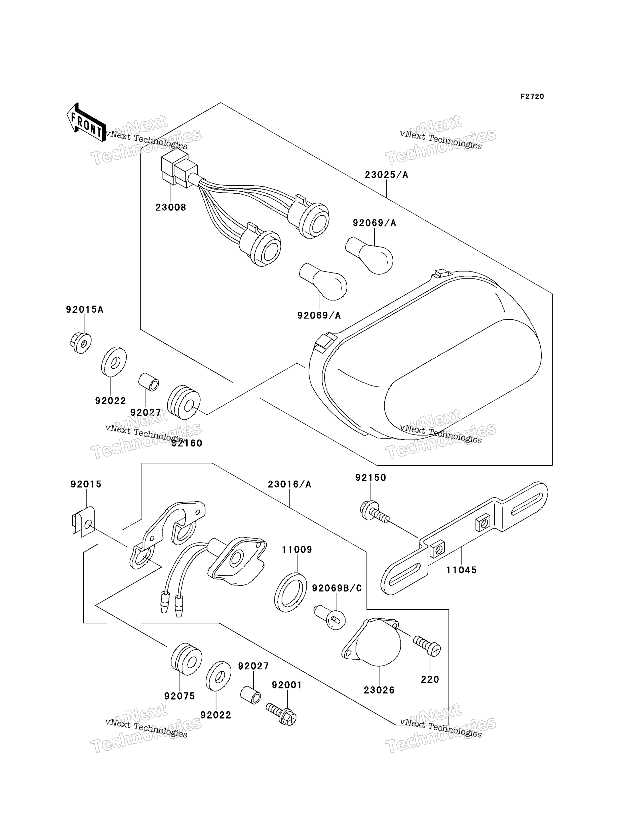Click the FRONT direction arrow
tap(86, 123)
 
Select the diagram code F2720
tap(532, 97)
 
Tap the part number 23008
tap(171, 207)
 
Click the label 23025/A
tap(386, 175)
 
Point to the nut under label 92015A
tap(81, 342)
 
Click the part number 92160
tap(187, 443)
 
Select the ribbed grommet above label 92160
tap(183, 402)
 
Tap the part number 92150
tap(371, 478)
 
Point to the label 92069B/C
tap(337, 588)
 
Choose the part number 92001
tap(287, 685)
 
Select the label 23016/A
tap(290, 484)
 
